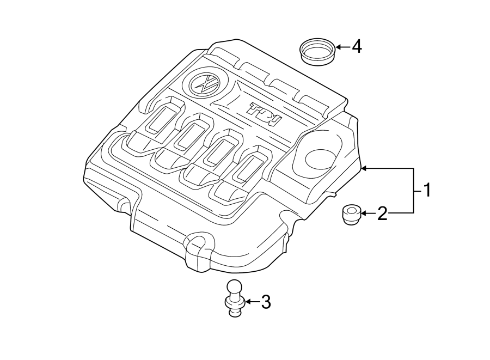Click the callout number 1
[x=427, y=191]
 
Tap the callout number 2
[x=382, y=213]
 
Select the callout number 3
[x=265, y=301]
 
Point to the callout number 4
[x=356, y=46]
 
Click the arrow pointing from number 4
[x=342, y=47]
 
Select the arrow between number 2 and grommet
[x=369, y=213]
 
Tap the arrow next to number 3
[x=252, y=301]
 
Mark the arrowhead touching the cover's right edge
[x=365, y=169]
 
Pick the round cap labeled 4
[x=318, y=51]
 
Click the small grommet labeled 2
[x=351, y=213]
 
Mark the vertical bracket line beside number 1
[x=414, y=191]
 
